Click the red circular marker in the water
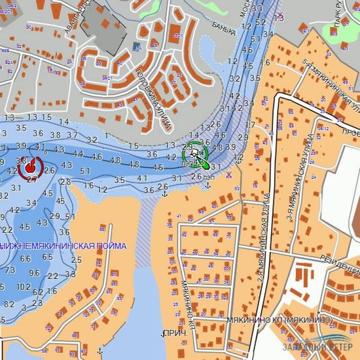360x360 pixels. click(29, 168)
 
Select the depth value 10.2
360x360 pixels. click(23, 287)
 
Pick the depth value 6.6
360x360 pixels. click(26, 259)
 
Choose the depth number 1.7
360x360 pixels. click(250, 125)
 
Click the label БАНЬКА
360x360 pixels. click(223, 27)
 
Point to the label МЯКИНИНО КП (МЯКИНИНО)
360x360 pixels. click(279, 319)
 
